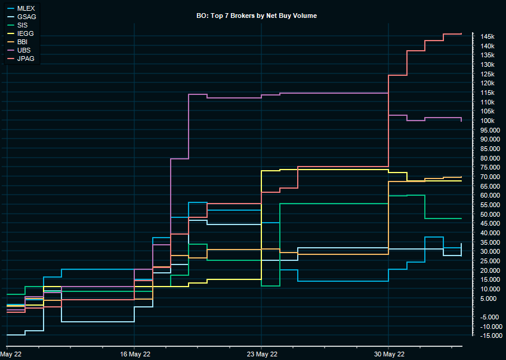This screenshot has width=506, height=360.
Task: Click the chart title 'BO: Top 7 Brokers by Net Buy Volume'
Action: tap(257, 16)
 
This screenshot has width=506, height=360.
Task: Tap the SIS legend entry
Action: tap(23, 25)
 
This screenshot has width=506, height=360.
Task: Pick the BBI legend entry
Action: tap(23, 42)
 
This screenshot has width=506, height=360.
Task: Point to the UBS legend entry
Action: tap(24, 50)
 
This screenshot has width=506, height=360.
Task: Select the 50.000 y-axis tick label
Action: tap(489, 214)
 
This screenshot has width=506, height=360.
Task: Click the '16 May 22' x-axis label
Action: tap(134, 354)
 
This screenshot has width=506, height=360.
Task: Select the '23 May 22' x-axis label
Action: tap(261, 354)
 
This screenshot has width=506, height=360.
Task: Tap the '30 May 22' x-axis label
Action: tap(388, 354)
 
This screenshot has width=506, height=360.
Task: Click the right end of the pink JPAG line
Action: tap(461, 34)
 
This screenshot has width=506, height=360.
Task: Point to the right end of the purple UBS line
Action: tap(461, 121)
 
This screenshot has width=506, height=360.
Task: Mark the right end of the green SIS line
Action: tap(461, 219)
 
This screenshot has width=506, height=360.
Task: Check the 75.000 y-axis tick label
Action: tap(489, 167)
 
